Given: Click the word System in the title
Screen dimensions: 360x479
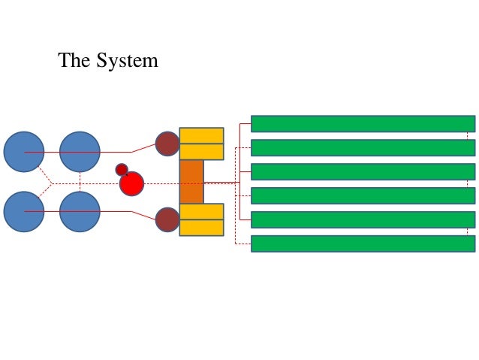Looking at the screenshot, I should point(127,61).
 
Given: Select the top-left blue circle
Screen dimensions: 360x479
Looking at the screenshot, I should point(24,152).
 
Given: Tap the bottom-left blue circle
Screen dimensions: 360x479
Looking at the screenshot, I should point(24,212).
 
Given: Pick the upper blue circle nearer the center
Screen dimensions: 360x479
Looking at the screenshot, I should point(80,152).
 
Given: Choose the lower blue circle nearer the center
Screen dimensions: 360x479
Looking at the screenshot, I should point(80,212).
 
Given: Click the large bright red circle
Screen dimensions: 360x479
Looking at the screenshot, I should point(131,183).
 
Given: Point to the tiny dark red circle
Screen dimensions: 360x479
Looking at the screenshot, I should point(122,169).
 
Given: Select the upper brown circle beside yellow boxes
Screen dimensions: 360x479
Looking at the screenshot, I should point(167,144).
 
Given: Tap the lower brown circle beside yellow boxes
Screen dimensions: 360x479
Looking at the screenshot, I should point(167,219).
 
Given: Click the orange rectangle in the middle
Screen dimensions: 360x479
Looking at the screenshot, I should point(191,182).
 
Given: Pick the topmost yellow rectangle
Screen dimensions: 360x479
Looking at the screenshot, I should point(201,135).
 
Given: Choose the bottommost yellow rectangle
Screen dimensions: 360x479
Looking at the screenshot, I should point(201,228).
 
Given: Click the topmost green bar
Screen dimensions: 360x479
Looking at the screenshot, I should point(363,123).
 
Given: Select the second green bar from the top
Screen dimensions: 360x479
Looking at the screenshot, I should point(363,147).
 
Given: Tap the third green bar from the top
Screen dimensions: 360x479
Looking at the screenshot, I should point(363,171).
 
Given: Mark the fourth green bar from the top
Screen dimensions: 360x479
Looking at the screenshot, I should point(363,195).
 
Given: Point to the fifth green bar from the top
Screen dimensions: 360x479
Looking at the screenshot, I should point(363,219).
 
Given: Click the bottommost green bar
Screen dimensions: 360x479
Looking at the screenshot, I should point(363,244).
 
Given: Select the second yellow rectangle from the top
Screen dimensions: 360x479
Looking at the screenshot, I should point(201,152).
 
